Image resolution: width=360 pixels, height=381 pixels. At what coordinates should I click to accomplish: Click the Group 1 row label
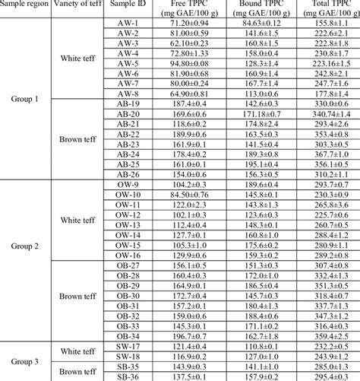pyautogui.click(x=25, y=98)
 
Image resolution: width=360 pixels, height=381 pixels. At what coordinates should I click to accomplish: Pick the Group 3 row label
pyautogui.click(x=25, y=361)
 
